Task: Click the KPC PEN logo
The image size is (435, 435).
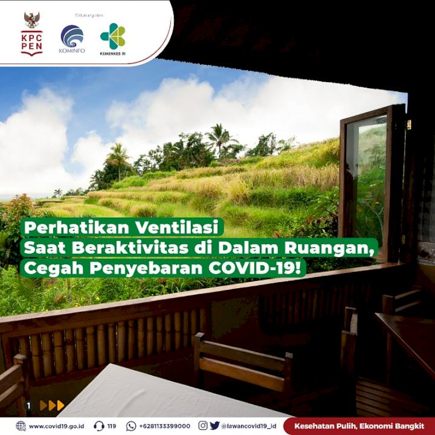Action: (32, 33)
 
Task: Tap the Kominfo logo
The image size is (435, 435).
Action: (72, 39)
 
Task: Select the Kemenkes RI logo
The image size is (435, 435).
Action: (113, 39)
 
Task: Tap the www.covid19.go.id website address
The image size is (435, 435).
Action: (56, 426)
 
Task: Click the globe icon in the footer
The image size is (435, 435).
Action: (21, 426)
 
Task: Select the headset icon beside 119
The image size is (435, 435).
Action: (98, 426)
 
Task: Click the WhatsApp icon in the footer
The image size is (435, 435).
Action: (131, 426)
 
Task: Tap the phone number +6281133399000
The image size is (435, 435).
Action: (165, 426)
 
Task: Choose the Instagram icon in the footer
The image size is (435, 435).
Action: (203, 425)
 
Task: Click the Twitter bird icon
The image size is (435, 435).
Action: (214, 425)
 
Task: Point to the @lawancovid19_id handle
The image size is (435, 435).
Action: (248, 426)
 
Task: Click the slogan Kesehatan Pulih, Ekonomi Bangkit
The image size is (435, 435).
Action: (359, 426)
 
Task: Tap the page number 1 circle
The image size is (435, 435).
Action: (28, 406)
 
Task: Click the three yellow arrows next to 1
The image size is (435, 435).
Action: (52, 405)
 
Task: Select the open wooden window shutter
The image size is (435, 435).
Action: (372, 182)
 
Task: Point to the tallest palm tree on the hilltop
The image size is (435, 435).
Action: (220, 139)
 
